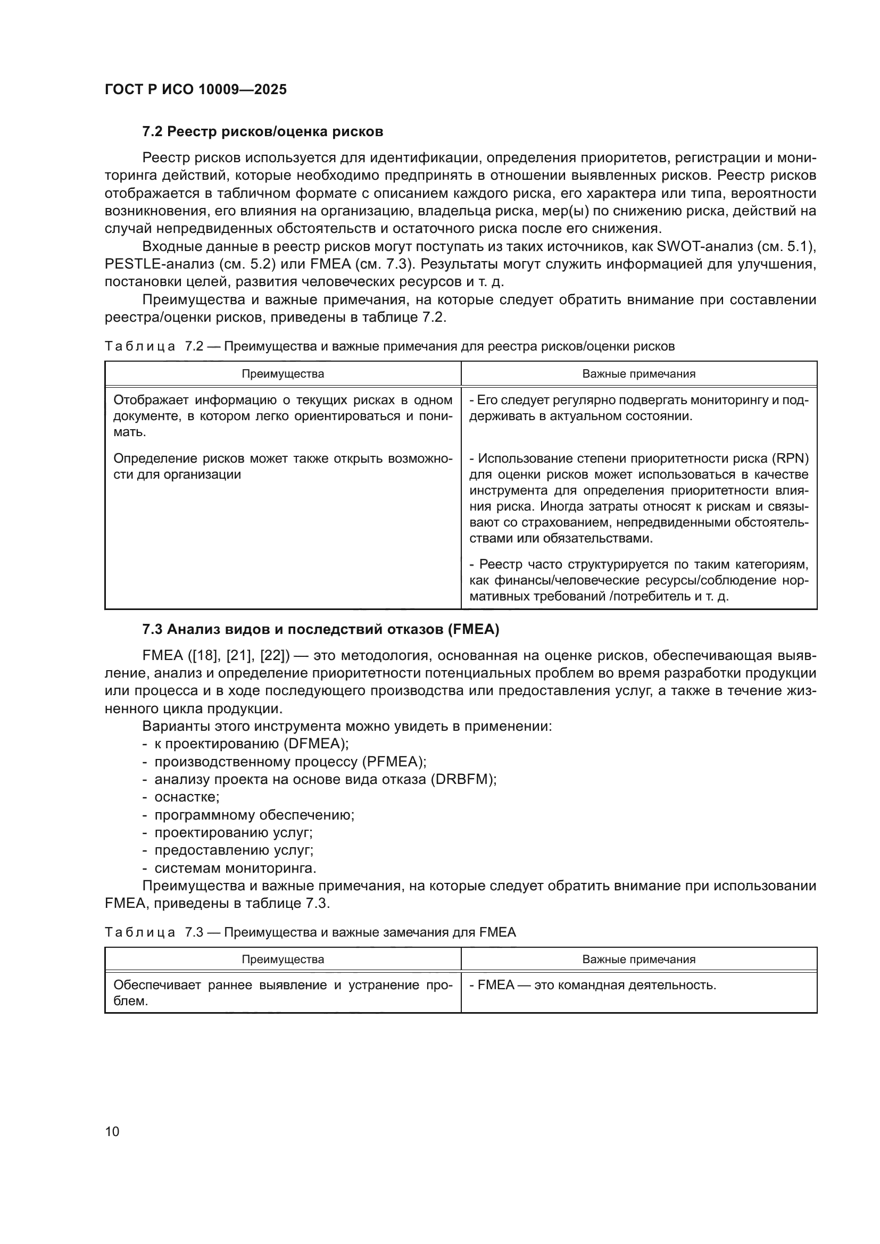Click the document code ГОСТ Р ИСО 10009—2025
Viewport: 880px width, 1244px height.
click(x=196, y=90)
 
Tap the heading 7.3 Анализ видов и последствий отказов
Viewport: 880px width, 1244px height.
click(x=320, y=630)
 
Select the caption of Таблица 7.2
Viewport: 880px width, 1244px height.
click(x=389, y=347)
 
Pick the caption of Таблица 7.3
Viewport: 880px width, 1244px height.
click(x=310, y=932)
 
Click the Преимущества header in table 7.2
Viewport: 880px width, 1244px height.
click(x=283, y=374)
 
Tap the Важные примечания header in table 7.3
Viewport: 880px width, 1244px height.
click(x=638, y=959)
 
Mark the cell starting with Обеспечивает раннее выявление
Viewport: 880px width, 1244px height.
click(x=283, y=993)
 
